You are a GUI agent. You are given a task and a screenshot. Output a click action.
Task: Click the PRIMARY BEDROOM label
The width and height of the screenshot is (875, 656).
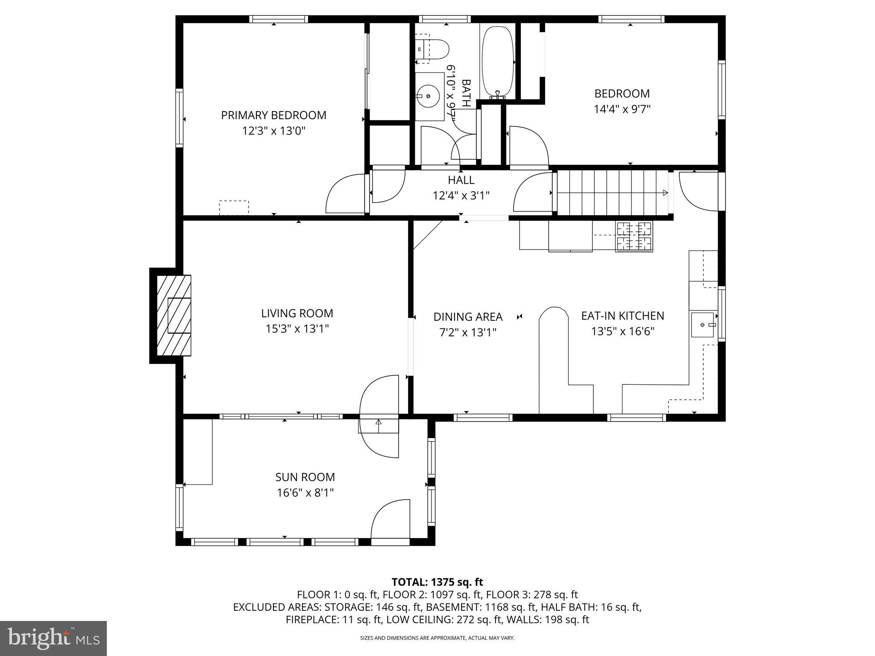pos(273,115)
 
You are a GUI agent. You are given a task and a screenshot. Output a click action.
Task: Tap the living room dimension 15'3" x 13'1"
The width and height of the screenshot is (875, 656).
pos(297,329)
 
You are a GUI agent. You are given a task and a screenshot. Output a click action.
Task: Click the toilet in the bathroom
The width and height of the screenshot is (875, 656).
pos(432,49)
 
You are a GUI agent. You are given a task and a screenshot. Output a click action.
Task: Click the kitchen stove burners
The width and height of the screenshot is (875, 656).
pos(634,236)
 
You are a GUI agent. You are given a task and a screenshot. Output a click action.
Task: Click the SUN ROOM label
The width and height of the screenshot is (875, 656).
pos(305,477)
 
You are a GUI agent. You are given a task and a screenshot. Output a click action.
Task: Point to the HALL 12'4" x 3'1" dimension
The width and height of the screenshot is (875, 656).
pos(461,196)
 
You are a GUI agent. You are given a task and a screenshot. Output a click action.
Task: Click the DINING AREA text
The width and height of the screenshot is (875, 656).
pos(468,317)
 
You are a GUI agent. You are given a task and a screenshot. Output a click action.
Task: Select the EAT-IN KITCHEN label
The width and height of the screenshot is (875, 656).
pos(622,316)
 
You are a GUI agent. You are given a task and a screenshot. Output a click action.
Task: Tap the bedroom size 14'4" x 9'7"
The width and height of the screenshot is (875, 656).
pos(622,109)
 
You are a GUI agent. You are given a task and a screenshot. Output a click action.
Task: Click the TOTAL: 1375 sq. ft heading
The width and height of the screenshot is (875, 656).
pos(437,582)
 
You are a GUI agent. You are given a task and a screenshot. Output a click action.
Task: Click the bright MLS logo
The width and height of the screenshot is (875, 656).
pos(53,638)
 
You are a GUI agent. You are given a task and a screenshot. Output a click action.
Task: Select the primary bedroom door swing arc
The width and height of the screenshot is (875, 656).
pos(344,194)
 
